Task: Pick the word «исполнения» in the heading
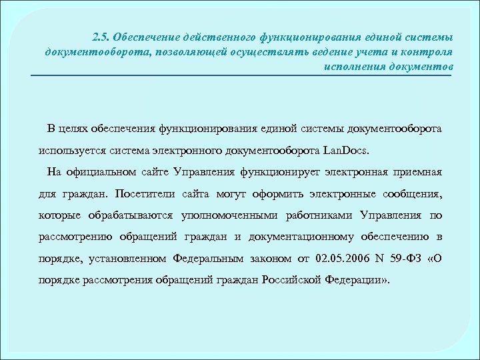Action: coord(351,67)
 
